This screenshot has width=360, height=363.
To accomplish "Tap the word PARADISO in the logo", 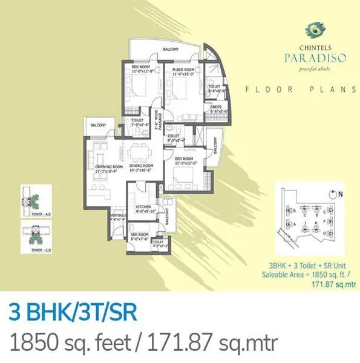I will pos(309,58).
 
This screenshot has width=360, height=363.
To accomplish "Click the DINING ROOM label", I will pos(143,168).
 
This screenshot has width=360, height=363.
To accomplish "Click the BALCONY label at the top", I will pos(171,50).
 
